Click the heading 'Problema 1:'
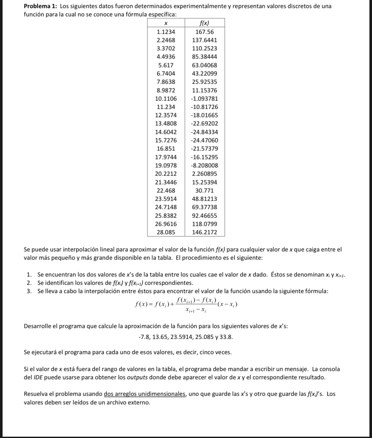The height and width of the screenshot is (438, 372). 41,6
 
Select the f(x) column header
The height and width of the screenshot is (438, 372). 205,23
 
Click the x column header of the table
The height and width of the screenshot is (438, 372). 166,23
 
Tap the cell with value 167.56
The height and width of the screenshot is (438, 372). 205,32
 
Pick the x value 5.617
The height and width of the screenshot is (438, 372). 166,65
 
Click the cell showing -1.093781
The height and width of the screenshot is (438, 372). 204,99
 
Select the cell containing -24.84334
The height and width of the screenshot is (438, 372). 204,132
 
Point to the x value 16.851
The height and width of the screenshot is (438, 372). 166,149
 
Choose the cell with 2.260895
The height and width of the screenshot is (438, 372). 204,174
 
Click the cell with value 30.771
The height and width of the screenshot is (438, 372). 204,191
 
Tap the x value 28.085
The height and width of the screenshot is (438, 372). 166,232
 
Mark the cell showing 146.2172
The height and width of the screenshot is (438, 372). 204,232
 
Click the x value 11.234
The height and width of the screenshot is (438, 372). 166,107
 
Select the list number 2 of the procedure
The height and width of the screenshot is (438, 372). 29,283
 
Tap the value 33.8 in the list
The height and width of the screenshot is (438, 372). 226,337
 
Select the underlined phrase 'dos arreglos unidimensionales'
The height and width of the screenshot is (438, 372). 145,394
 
